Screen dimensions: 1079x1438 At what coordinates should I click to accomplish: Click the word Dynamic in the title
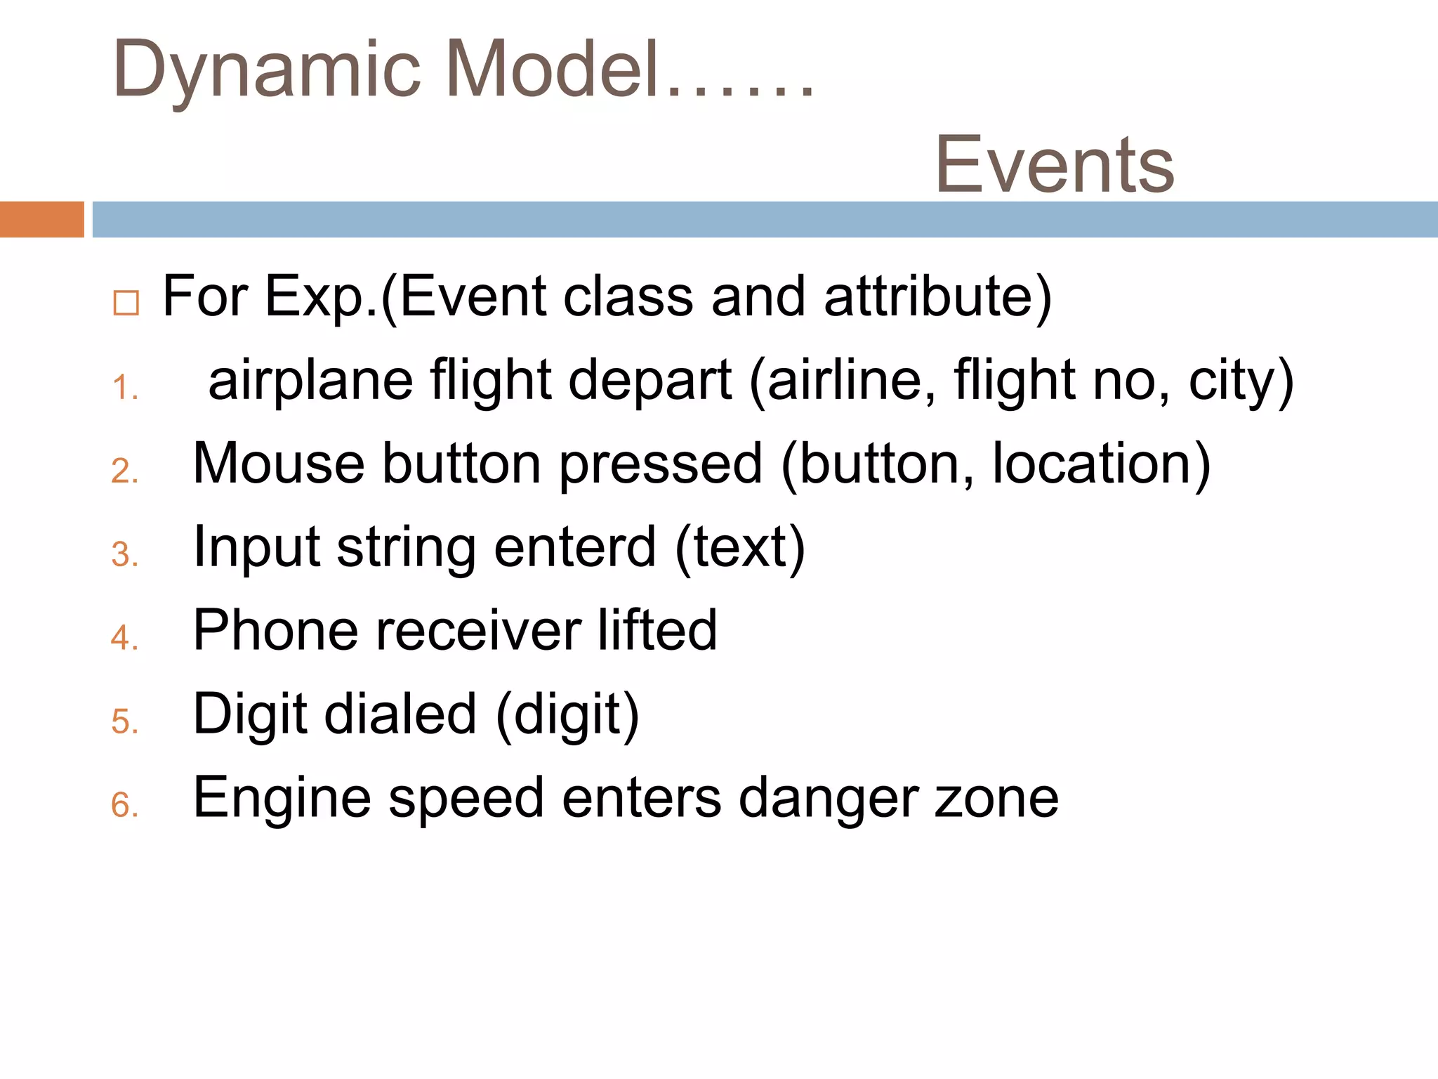[x=267, y=70]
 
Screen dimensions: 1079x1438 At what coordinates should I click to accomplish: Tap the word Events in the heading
[x=1054, y=165]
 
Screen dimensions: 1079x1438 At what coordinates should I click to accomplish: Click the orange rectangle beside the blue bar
[x=41, y=219]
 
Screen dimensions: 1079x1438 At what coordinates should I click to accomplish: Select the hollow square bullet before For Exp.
[x=126, y=303]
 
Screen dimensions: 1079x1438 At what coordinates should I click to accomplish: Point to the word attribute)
[x=938, y=297]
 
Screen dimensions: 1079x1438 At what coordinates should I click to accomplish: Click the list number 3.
[x=124, y=555]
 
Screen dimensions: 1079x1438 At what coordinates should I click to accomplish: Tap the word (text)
[x=740, y=547]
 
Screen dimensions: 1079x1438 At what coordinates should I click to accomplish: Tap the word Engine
[x=282, y=798]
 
